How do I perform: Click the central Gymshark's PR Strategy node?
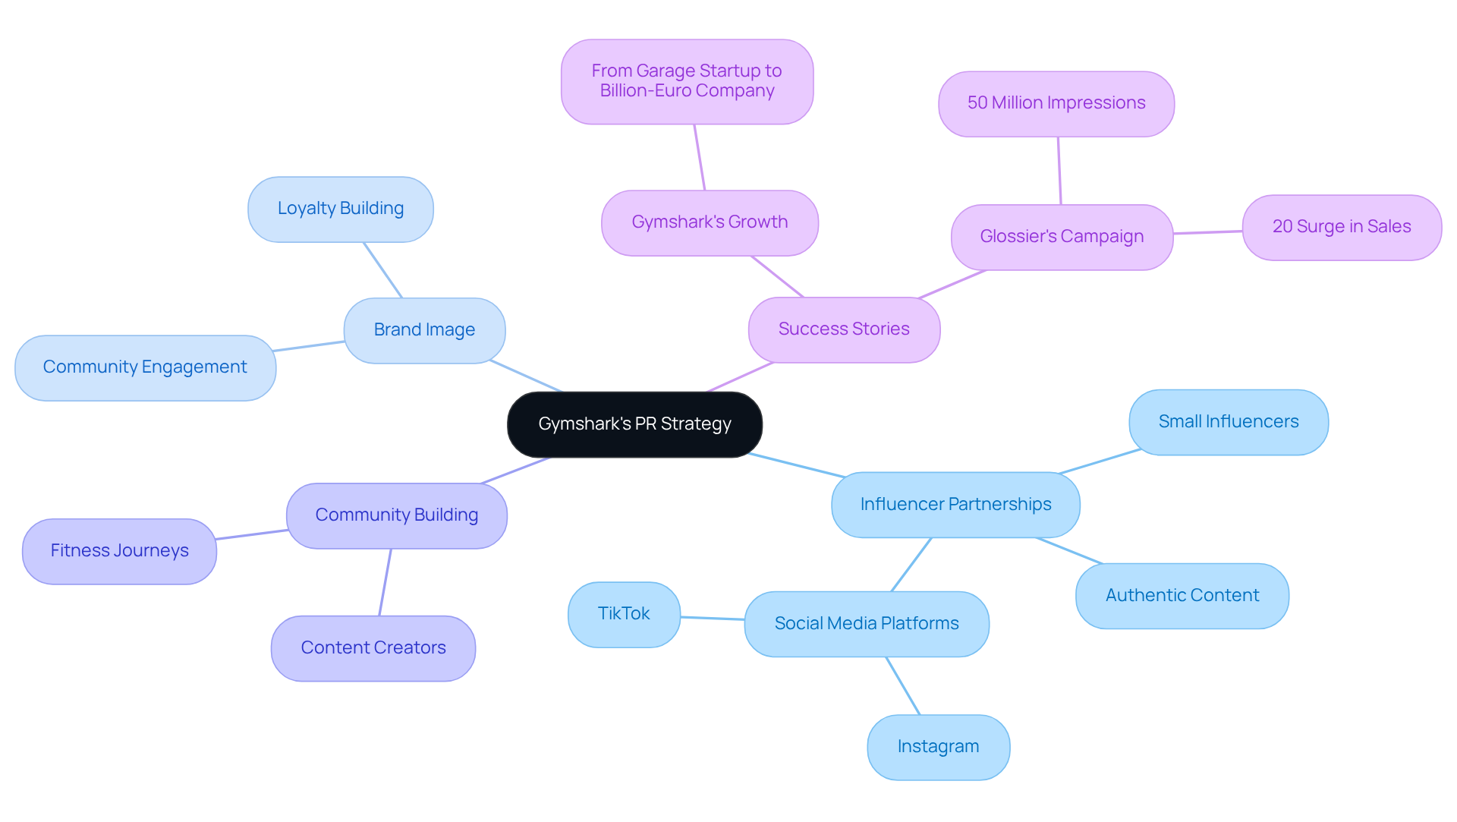point(634,424)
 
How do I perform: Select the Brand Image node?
point(424,330)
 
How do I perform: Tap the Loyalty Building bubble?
point(341,209)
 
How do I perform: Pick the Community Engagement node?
point(145,367)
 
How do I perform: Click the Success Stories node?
point(844,329)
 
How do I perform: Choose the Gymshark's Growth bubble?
point(710,222)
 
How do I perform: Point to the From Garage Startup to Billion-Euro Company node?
point(687,81)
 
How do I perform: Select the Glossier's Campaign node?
point(1062,237)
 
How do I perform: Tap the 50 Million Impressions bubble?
point(1056,103)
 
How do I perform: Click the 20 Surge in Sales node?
point(1342,227)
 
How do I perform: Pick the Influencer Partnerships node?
point(955,505)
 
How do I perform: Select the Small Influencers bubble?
point(1229,422)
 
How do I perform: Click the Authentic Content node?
point(1182,596)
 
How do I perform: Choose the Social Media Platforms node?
point(867,624)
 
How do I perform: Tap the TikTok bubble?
point(624,614)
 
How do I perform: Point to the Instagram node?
point(938,747)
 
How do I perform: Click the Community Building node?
point(397,515)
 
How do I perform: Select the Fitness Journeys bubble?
point(120,551)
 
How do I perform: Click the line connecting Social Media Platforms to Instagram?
point(903,685)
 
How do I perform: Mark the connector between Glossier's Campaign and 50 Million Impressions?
point(1059,171)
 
